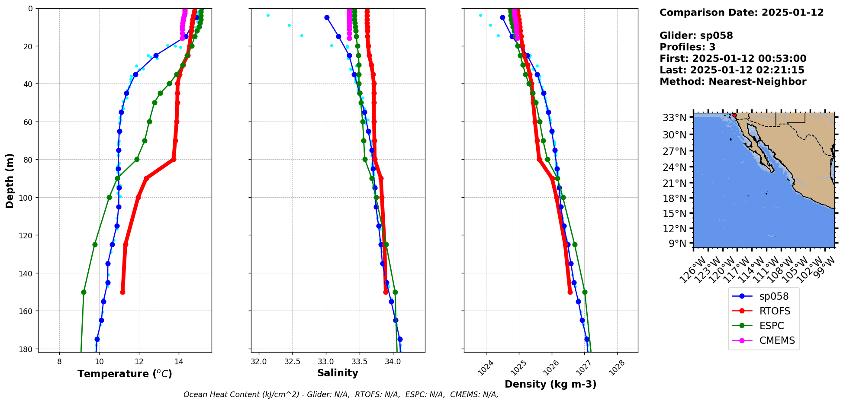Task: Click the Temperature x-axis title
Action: [x=125, y=374]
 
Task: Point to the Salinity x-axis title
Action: [x=338, y=373]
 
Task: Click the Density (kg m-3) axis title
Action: [x=550, y=384]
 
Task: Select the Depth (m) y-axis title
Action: [x=10, y=180]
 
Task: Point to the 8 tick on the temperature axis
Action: [x=59, y=362]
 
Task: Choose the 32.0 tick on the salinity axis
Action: [x=259, y=362]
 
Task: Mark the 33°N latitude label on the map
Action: [x=674, y=118]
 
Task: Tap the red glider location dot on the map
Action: [x=734, y=115]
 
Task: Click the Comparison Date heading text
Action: [x=741, y=13]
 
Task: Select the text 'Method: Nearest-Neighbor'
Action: [x=733, y=82]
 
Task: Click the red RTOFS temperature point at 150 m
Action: [x=122, y=292]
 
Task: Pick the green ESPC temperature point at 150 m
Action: [x=84, y=292]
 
